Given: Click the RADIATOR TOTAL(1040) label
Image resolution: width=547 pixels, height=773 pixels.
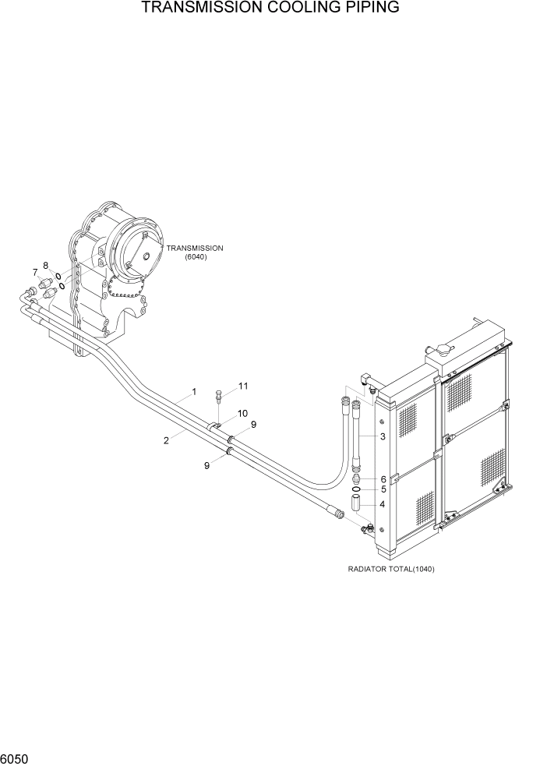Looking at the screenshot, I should (391, 569).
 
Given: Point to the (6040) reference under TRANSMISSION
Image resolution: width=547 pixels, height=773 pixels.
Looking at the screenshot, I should (196, 257).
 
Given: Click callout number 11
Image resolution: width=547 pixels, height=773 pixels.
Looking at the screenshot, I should (242, 386).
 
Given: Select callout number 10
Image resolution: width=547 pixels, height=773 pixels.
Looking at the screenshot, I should (242, 413).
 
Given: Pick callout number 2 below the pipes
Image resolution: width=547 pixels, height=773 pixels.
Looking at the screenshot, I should (166, 441).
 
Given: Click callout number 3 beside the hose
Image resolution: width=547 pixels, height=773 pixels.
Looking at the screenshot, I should (383, 436).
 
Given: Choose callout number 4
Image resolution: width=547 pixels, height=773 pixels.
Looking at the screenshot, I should (383, 504).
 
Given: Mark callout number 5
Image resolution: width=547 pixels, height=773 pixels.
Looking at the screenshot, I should (383, 490).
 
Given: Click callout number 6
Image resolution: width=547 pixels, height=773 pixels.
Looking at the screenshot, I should (383, 478).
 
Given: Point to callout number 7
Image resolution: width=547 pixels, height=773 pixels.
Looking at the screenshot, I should (34, 271).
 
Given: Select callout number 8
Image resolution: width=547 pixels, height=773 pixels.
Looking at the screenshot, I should (45, 265).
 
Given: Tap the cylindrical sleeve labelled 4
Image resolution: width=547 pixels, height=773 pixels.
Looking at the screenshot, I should (358, 504).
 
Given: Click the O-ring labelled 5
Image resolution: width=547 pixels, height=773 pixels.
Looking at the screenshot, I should (358, 489).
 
